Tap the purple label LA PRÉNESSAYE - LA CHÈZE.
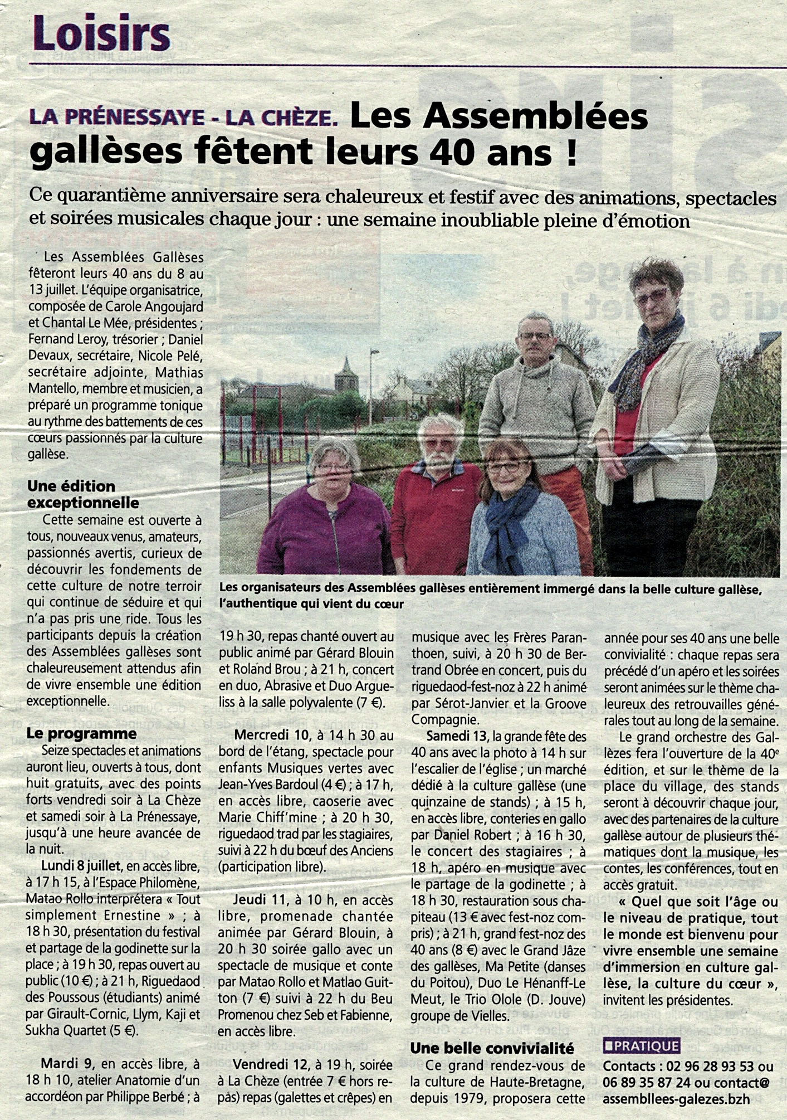184,118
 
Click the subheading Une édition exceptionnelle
83,494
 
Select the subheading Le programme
81,733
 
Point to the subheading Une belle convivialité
492,1048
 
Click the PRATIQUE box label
641,1046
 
